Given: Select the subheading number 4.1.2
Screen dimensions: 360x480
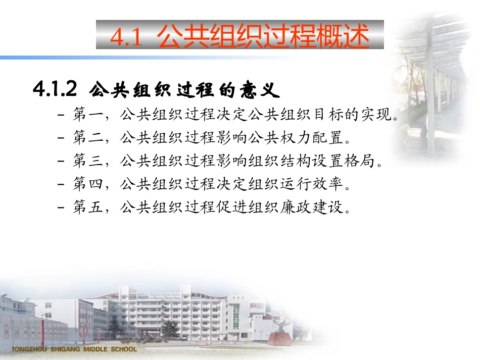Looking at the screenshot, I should click(x=55, y=90).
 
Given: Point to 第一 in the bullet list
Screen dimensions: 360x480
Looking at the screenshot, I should click(x=86, y=116).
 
